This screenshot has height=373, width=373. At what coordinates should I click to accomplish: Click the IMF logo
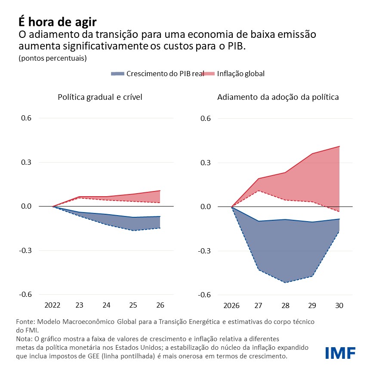[x=340, y=352]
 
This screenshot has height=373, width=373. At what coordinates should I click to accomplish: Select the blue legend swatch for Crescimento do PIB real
[x=117, y=74]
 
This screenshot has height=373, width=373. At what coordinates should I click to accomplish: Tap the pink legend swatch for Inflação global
[x=208, y=74]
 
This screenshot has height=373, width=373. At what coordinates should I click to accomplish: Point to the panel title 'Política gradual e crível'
[x=100, y=97]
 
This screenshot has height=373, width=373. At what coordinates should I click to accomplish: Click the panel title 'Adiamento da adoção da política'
[x=278, y=97]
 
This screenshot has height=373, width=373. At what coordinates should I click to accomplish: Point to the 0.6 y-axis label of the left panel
[x=26, y=118]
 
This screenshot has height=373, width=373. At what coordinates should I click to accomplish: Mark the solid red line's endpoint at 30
[x=339, y=146]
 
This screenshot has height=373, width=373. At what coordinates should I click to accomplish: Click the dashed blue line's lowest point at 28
[x=285, y=283]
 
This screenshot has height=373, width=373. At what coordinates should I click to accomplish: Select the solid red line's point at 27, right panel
[x=259, y=179]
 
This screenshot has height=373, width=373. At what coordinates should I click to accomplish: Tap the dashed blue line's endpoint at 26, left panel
[x=160, y=228]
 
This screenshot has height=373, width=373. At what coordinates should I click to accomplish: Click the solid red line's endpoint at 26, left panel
[x=160, y=191]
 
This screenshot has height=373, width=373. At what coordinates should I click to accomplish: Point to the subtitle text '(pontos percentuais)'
[x=53, y=58]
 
